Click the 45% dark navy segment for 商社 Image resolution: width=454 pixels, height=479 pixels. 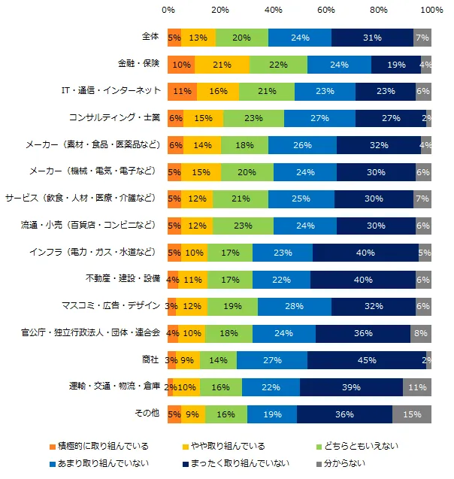pyautogui.click(x=367, y=359)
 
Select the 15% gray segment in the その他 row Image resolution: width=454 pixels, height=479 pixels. pyautogui.click(x=412, y=414)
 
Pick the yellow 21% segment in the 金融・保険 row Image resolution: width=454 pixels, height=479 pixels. pyautogui.click(x=222, y=65)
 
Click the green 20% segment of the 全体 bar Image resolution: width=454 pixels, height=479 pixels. pyautogui.click(x=242, y=38)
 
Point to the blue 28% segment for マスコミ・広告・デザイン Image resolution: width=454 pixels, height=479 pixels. pyautogui.click(x=295, y=306)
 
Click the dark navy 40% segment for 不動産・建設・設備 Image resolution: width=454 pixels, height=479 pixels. pyautogui.click(x=363, y=279)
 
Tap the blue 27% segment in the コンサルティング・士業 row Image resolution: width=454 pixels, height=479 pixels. pyautogui.click(x=319, y=118)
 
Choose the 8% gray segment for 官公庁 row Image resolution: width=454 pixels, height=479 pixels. pyautogui.click(x=421, y=333)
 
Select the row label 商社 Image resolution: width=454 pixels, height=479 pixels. pyautogui.click(x=151, y=359)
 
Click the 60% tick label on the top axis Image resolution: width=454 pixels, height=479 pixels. pyautogui.click(x=326, y=11)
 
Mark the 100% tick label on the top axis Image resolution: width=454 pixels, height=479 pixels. pyautogui.click(x=431, y=11)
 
